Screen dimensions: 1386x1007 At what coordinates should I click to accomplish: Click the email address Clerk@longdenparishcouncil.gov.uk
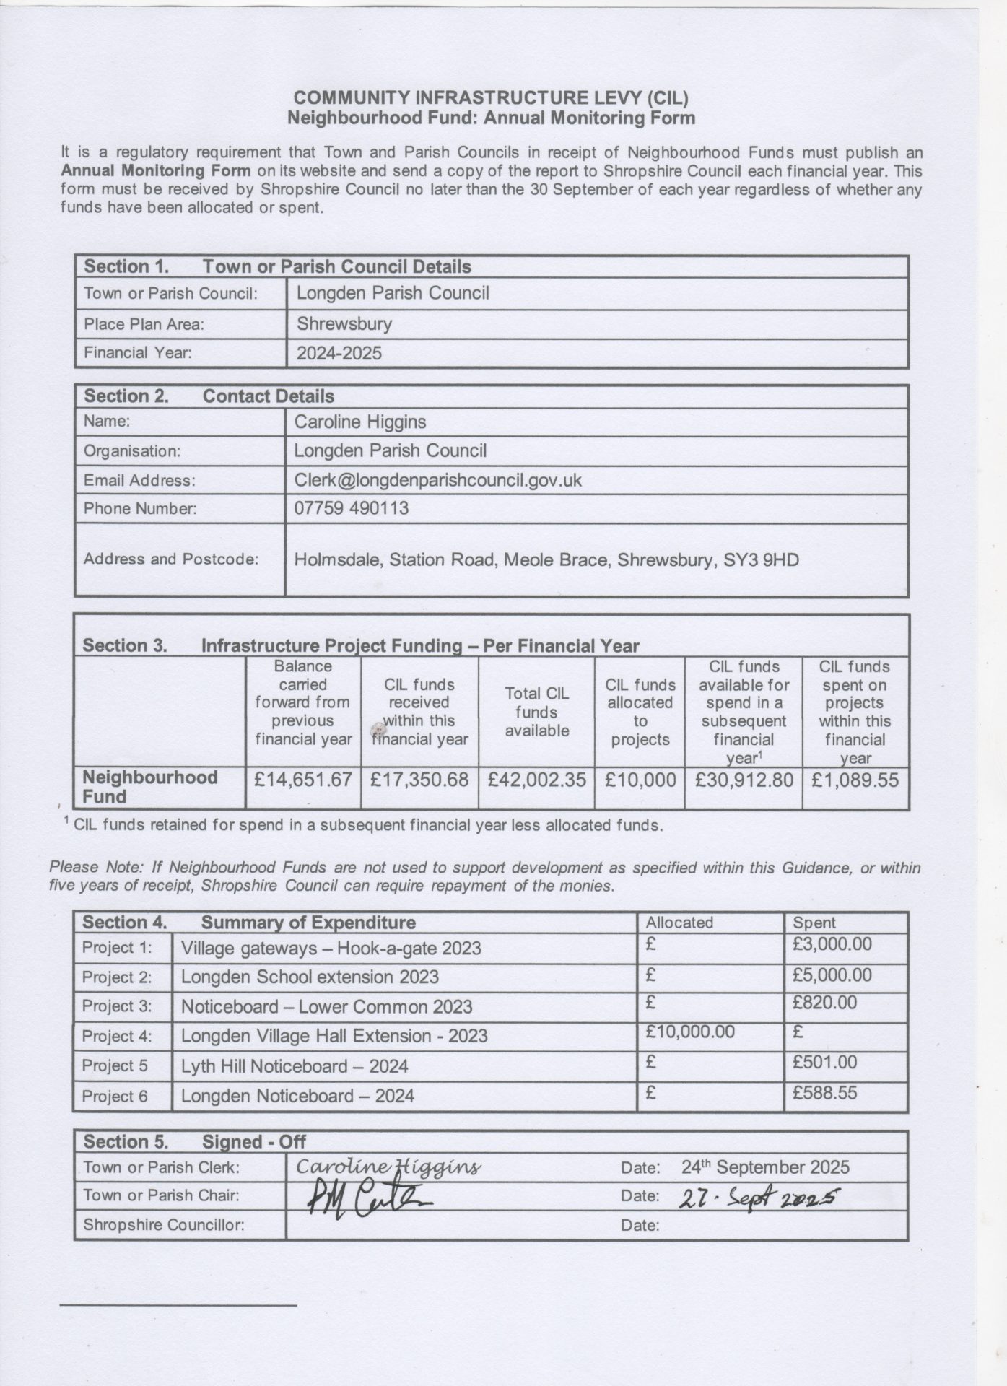point(437,480)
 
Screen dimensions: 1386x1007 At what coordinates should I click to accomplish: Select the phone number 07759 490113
point(351,508)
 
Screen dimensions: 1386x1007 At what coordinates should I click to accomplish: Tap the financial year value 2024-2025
point(339,353)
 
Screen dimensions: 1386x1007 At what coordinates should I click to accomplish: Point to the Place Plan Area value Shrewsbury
point(344,323)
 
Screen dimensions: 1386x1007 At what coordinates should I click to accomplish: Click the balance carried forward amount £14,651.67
point(303,780)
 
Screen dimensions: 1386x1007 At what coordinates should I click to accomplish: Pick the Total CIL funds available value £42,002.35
point(536,780)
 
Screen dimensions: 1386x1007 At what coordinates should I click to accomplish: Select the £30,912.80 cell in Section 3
point(744,780)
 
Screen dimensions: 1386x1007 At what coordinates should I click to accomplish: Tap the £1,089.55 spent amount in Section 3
point(855,780)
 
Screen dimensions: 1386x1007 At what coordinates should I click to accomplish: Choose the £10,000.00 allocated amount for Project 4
point(690,1032)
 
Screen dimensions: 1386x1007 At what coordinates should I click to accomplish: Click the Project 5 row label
point(115,1065)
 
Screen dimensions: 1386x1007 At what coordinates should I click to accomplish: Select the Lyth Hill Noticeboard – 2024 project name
point(295,1066)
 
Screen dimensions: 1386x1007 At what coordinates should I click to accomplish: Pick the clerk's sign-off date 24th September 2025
point(765,1167)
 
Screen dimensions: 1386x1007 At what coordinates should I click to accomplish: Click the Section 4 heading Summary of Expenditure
point(308,923)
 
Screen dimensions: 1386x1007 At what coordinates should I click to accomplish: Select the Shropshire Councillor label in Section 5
point(164,1225)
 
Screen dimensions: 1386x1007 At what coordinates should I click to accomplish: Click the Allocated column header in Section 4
point(679,923)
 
